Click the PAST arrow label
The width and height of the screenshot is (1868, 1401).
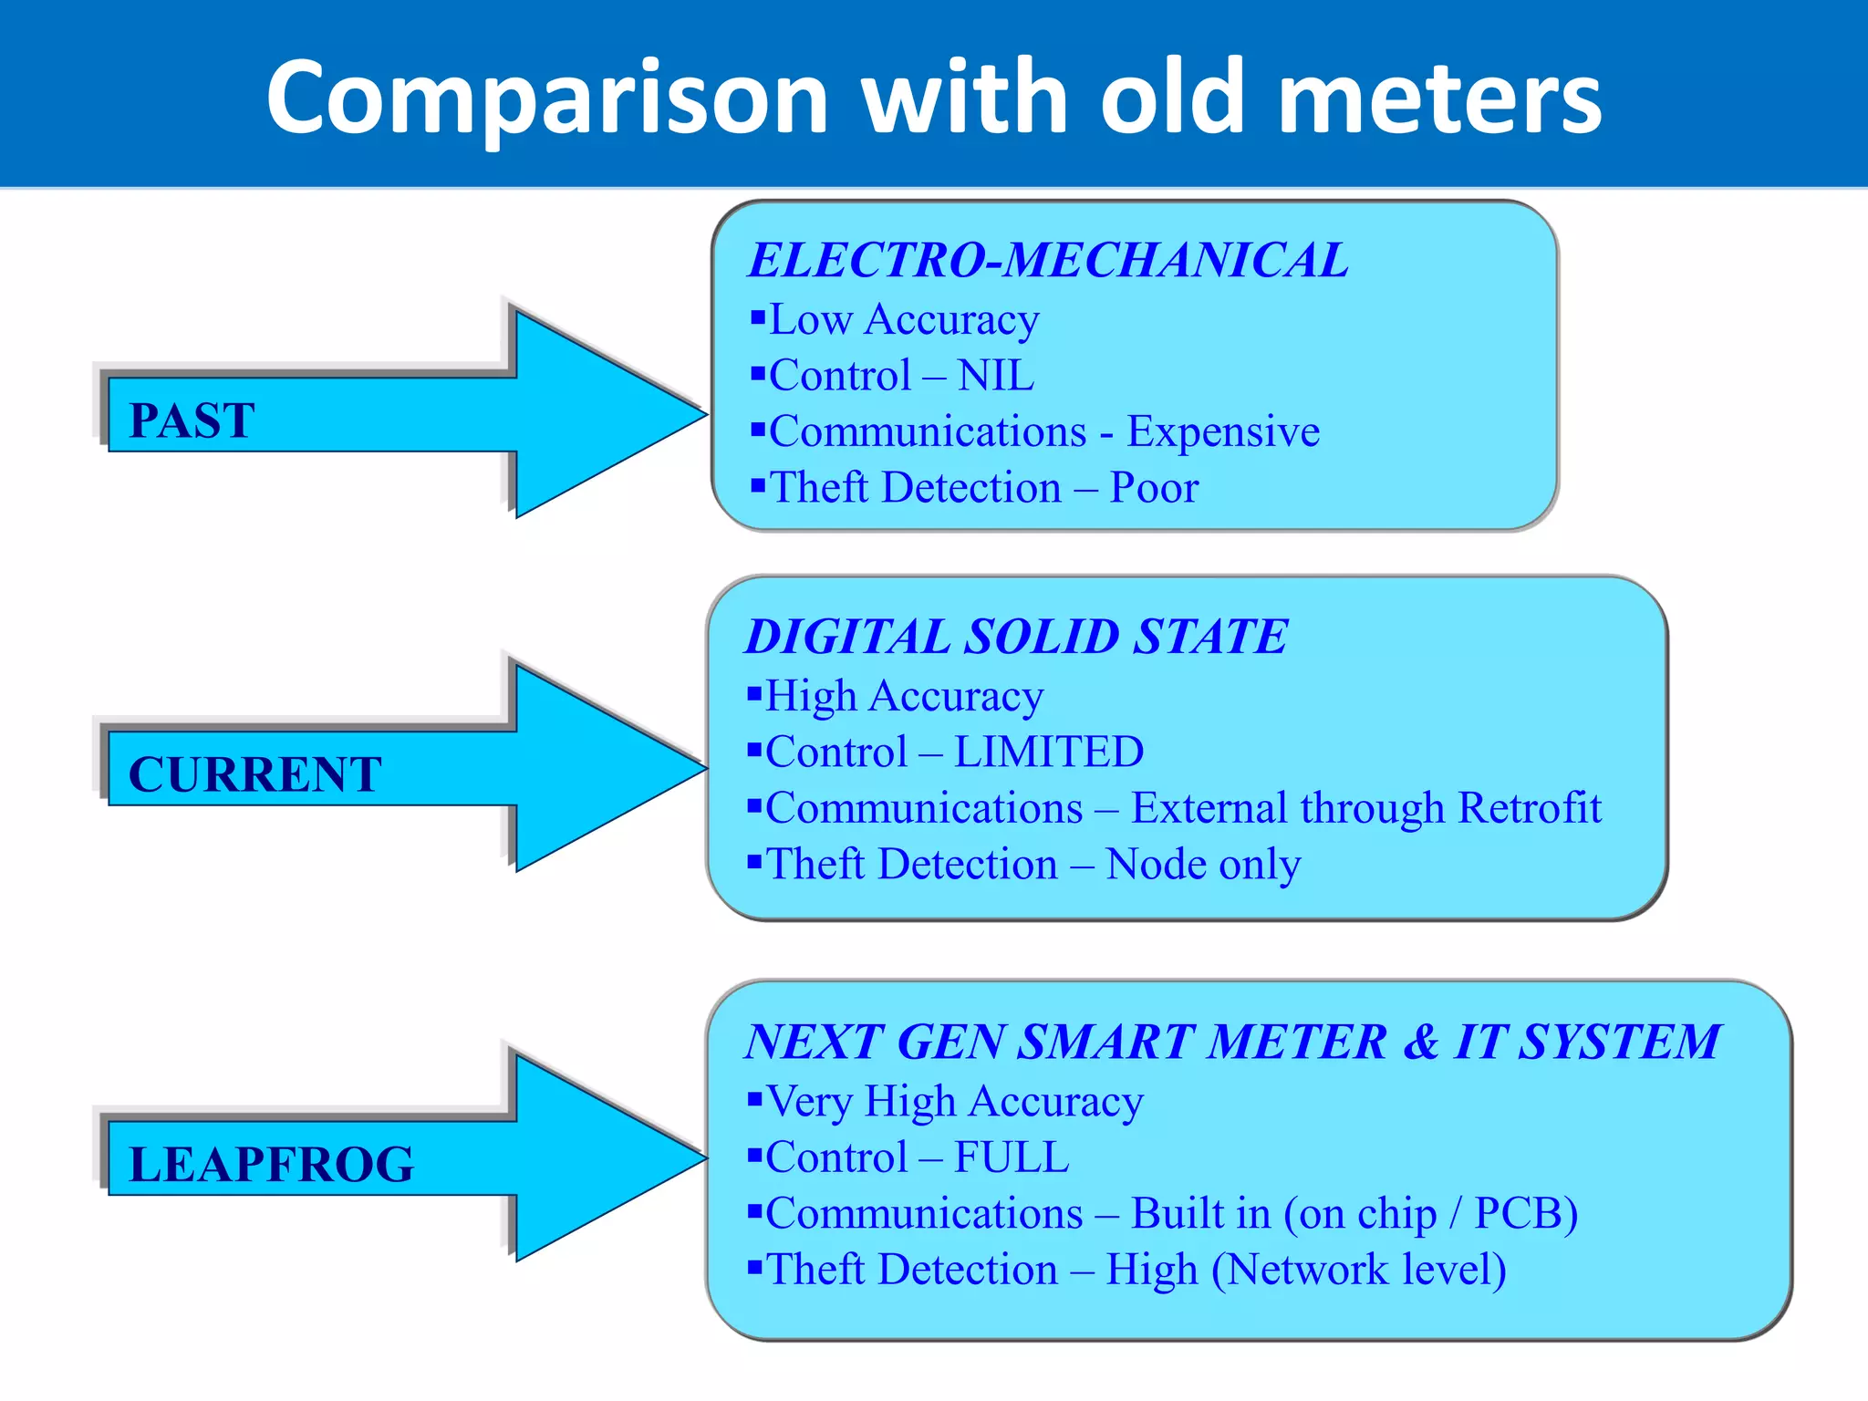(192, 420)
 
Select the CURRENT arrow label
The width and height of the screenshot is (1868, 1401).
(255, 774)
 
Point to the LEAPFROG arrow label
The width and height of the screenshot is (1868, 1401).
(272, 1164)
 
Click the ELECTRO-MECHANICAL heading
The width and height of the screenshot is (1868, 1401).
(1048, 260)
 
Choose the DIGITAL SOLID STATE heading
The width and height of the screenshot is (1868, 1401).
(1016, 637)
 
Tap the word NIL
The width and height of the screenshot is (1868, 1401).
(996, 376)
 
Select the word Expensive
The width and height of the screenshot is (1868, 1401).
(1223, 431)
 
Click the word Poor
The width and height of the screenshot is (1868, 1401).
(1154, 488)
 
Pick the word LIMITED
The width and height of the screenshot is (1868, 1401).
(1049, 752)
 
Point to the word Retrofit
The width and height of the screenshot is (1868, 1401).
(1530, 808)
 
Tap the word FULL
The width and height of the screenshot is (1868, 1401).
(1012, 1157)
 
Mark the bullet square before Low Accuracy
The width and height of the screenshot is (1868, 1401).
(757, 317)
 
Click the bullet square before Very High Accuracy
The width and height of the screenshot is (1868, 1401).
(754, 1098)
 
